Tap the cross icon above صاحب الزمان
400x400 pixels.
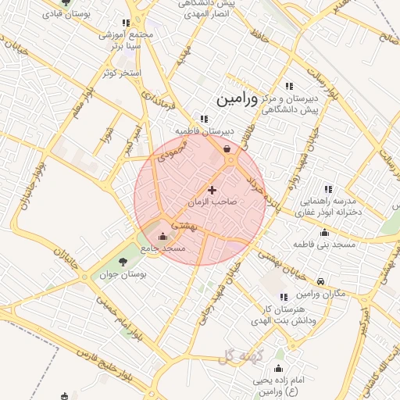[x=212, y=190]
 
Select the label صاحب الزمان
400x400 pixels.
[x=212, y=202]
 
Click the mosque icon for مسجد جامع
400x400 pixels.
[x=162, y=237]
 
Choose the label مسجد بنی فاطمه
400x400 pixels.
[x=324, y=245]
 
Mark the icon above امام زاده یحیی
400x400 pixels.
[x=279, y=368]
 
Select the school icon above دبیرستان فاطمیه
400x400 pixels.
[x=204, y=120]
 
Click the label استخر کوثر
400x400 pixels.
[x=120, y=73]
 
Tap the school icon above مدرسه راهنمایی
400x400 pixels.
[x=328, y=188]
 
